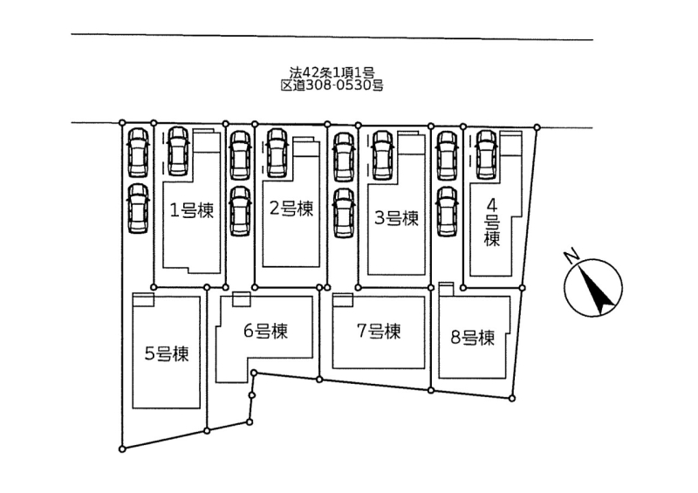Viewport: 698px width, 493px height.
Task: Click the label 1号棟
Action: coord(191,210)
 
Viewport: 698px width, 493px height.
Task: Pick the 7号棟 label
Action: coord(379,332)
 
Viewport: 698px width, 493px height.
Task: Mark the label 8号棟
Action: coord(473,337)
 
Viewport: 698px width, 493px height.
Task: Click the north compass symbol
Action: coord(593,290)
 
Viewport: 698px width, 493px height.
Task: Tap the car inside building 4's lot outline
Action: coord(486,152)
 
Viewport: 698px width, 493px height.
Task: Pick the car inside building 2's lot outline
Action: coord(278,151)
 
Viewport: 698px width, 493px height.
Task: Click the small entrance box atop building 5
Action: coord(143,298)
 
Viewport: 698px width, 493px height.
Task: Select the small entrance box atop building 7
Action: coord(343,299)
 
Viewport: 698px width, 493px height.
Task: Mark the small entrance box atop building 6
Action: coord(241,298)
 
